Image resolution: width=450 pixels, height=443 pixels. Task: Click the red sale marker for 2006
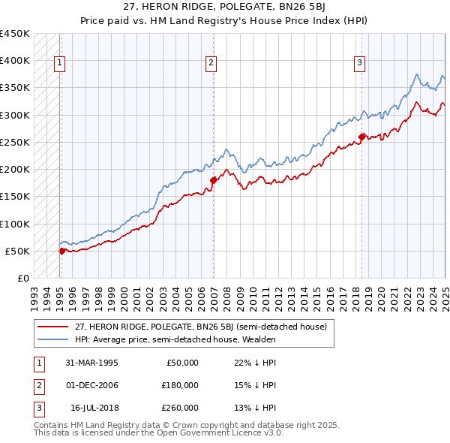(x=213, y=180)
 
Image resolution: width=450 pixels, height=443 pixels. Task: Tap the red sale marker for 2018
(x=361, y=137)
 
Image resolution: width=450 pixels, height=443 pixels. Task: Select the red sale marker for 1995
(x=62, y=251)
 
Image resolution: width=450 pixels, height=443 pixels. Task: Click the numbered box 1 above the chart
(x=59, y=63)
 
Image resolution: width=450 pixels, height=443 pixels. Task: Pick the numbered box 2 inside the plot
(x=211, y=63)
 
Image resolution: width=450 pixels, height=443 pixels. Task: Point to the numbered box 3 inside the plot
(x=359, y=63)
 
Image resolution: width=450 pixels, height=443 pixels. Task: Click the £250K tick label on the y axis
(x=15, y=142)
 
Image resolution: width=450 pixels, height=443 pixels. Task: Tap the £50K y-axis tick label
(x=18, y=251)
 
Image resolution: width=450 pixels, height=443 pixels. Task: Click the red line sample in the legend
(x=52, y=327)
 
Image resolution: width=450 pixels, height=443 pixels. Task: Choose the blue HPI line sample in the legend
(x=52, y=339)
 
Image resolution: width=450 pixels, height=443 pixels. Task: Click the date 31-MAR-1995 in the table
(x=91, y=363)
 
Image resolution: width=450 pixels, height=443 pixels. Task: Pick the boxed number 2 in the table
(x=37, y=385)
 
